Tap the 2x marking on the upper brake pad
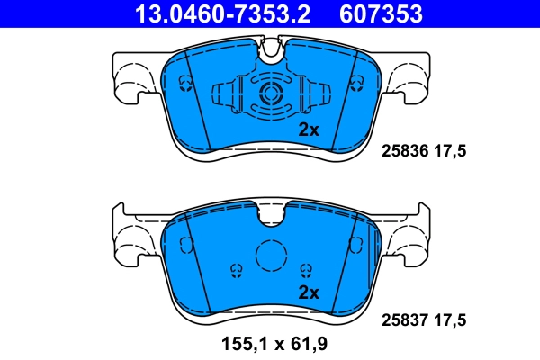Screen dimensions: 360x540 [x=309, y=130]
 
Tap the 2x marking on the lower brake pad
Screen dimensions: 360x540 [x=309, y=292]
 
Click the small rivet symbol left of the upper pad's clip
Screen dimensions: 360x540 [x=186, y=84]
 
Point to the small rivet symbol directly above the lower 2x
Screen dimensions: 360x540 [x=307, y=269]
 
